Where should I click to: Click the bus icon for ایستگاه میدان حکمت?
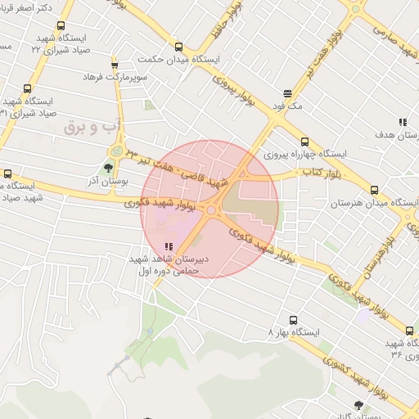tap(178, 47)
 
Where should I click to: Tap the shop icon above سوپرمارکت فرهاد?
tap(114, 65)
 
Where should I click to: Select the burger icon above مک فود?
tap(287, 93)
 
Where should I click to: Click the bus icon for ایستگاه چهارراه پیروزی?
tap(305, 141)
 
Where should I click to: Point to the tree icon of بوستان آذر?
tap(108, 168)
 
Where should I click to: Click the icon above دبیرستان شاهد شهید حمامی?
tap(169, 246)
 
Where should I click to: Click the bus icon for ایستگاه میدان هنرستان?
tap(374, 189)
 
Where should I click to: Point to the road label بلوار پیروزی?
tap(236, 91)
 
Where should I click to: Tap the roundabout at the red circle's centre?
tap(210, 210)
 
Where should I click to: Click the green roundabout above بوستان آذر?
tap(117, 152)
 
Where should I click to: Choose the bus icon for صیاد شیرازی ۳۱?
tap(28, 89)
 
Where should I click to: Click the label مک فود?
tap(289, 106)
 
